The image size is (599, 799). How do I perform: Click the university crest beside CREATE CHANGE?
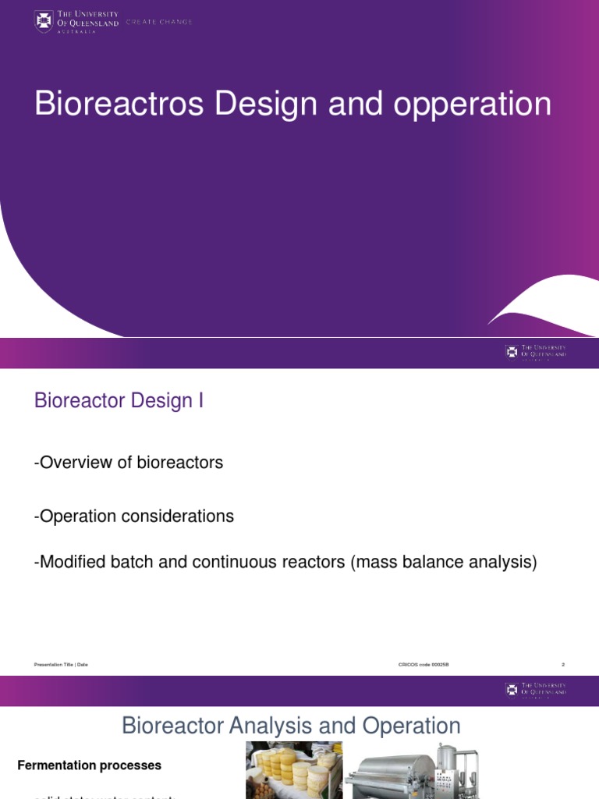[44, 21]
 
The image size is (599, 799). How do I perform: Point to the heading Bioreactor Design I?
[119, 401]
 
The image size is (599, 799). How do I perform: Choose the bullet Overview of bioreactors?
[129, 463]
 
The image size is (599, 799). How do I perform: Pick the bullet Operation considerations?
[134, 516]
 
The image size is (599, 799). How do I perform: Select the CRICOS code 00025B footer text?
[424, 664]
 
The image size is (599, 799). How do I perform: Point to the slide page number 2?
[562, 664]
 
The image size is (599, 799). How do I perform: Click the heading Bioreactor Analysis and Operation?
[291, 726]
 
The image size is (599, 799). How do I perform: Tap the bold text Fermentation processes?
[89, 765]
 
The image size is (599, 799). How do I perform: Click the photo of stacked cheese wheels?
[293, 771]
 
